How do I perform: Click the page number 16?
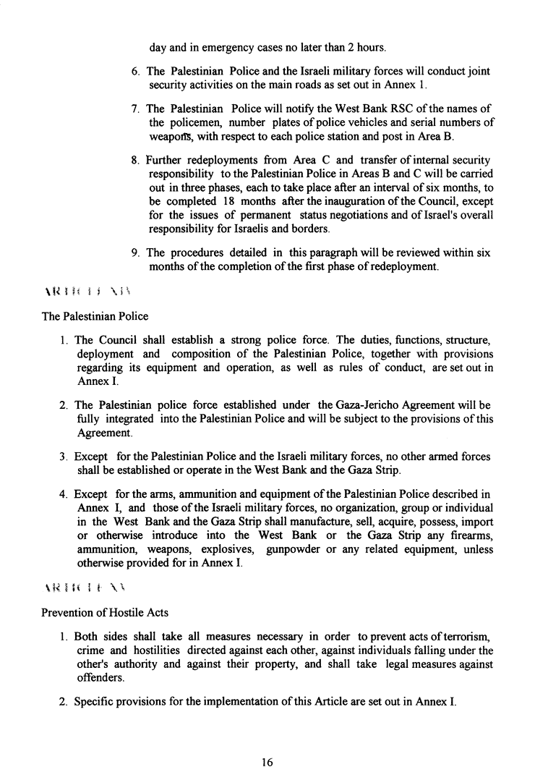tap(267, 761)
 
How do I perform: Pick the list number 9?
tap(136, 253)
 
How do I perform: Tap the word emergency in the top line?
tap(226, 48)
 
